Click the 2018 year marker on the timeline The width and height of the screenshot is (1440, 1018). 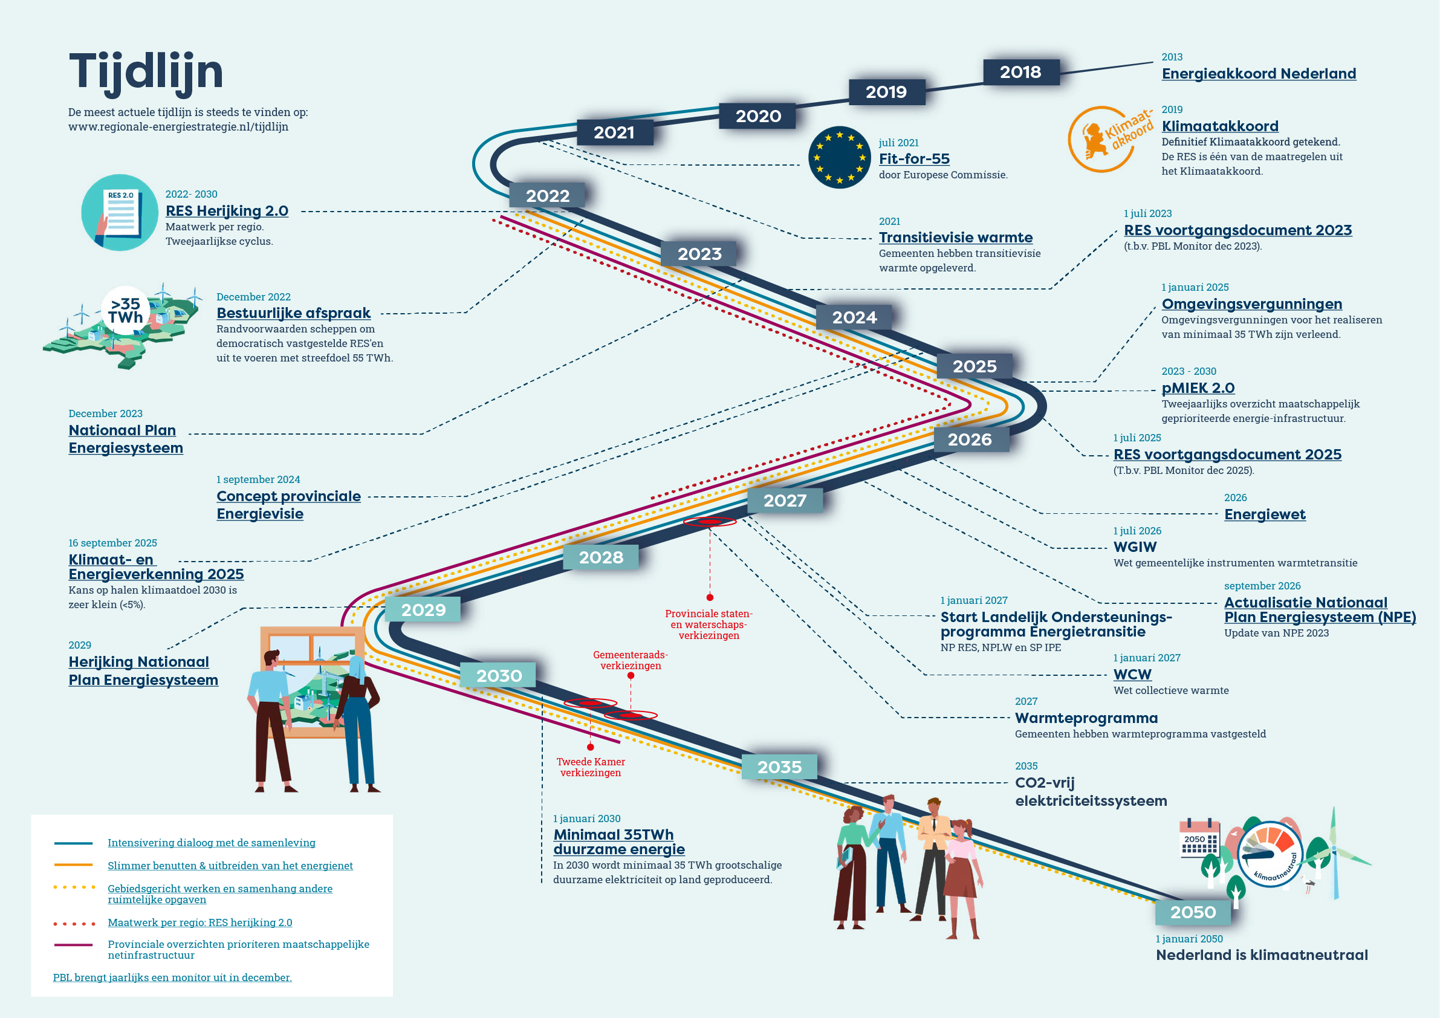pyautogui.click(x=1021, y=72)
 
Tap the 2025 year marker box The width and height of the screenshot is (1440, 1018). pyautogui.click(x=975, y=366)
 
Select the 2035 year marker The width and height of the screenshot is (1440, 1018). pyautogui.click(x=779, y=767)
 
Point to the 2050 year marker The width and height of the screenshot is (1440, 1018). pyautogui.click(x=1193, y=912)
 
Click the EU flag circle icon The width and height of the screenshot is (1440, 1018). pyautogui.click(x=839, y=157)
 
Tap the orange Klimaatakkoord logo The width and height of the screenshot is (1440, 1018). pyautogui.click(x=1110, y=139)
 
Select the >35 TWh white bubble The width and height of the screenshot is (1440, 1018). pyautogui.click(x=125, y=311)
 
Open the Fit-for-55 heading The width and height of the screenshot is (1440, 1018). pyautogui.click(x=914, y=159)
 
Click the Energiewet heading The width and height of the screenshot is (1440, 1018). pyautogui.click(x=1265, y=514)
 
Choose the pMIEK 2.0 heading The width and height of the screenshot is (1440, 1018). pyautogui.click(x=1198, y=388)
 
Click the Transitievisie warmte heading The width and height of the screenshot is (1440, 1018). pyautogui.click(x=955, y=238)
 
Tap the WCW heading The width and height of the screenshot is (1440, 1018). pyautogui.click(x=1132, y=674)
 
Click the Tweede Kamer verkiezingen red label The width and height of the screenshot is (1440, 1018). pyautogui.click(x=591, y=767)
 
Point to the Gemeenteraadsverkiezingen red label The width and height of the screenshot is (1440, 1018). pyautogui.click(x=631, y=661)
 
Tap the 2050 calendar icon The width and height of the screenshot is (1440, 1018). pyautogui.click(x=1199, y=838)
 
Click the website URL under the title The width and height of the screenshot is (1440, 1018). pyautogui.click(x=178, y=127)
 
